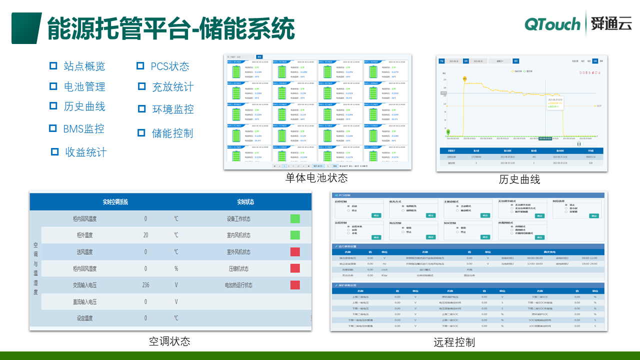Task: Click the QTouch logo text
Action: (x=552, y=24)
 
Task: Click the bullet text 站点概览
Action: (x=84, y=66)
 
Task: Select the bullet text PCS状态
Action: (x=169, y=66)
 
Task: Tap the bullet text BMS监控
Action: (x=83, y=128)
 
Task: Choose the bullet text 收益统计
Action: (x=85, y=152)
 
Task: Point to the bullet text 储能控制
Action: (x=172, y=133)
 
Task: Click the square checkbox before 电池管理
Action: (x=53, y=86)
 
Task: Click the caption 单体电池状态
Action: (x=316, y=178)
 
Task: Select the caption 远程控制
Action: (x=454, y=342)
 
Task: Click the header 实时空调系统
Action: (x=115, y=202)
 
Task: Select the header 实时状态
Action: (x=245, y=202)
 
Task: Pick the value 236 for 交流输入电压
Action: (x=145, y=285)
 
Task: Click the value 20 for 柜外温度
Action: (x=145, y=235)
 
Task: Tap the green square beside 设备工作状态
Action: (x=295, y=218)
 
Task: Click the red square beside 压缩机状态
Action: (x=295, y=268)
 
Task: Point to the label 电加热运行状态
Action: (x=238, y=285)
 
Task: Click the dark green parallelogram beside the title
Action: (x=26, y=28)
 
